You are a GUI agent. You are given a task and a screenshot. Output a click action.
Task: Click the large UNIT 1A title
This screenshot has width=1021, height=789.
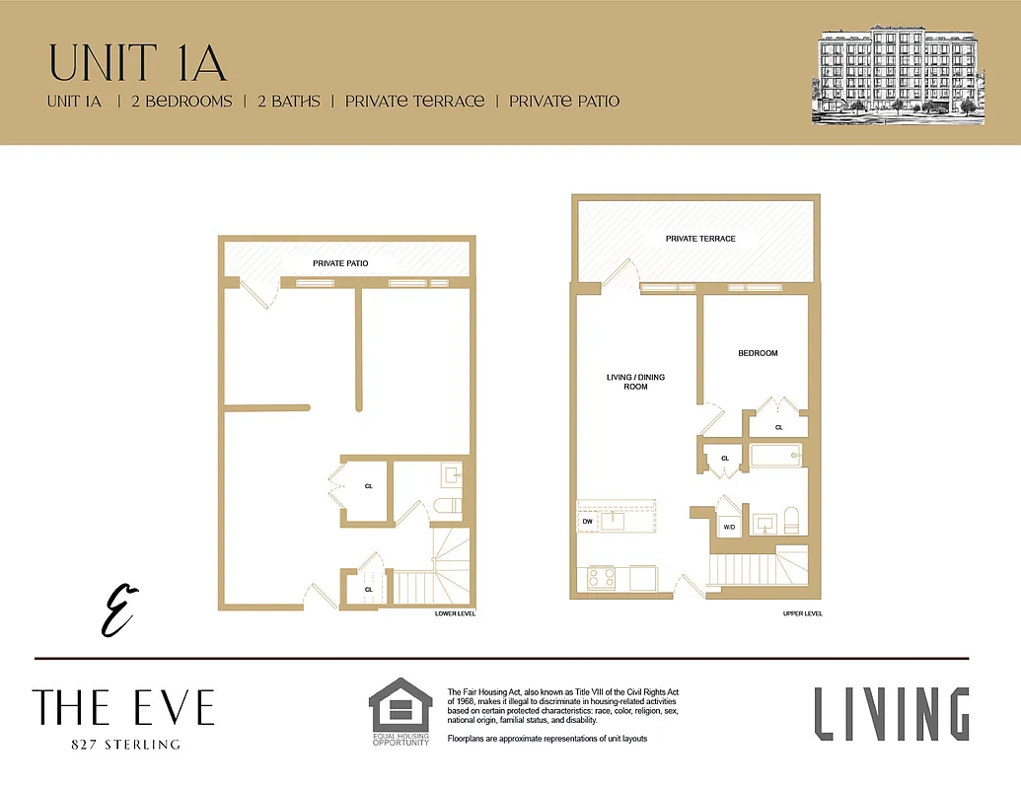[x=137, y=62]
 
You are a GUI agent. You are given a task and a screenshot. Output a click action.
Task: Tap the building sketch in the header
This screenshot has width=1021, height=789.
[x=893, y=77]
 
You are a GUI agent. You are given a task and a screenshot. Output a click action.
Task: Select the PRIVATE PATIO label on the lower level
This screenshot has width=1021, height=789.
[x=340, y=263]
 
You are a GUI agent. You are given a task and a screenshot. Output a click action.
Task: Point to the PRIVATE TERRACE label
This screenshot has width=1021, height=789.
[x=700, y=239]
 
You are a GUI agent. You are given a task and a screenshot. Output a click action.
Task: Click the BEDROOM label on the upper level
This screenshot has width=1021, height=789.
[x=758, y=353]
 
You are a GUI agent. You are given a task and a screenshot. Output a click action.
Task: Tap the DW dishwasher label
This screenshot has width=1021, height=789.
[x=587, y=522]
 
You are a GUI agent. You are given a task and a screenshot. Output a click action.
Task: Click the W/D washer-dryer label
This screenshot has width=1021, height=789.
[x=729, y=528]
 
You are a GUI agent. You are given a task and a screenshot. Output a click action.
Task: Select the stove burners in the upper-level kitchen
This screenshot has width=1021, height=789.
[x=602, y=576]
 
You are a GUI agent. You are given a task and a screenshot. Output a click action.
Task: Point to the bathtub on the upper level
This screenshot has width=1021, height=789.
[x=775, y=456]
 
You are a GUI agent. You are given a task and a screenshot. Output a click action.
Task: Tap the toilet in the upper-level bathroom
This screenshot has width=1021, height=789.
[x=789, y=520]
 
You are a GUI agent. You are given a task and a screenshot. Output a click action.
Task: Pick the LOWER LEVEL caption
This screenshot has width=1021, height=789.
[x=455, y=613]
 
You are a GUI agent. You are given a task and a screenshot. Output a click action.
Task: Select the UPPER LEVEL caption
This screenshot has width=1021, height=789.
[x=802, y=613]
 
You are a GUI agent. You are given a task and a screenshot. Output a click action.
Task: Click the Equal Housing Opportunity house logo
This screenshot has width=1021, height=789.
[x=401, y=705]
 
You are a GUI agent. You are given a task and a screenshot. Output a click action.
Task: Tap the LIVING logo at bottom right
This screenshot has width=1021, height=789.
[x=891, y=714]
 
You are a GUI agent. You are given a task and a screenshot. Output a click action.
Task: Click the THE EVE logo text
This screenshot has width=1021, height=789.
[x=123, y=707]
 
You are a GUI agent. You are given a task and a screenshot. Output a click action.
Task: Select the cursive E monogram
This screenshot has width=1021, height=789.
[x=119, y=609]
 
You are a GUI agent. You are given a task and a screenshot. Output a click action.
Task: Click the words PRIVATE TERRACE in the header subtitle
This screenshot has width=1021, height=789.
[x=414, y=101]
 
